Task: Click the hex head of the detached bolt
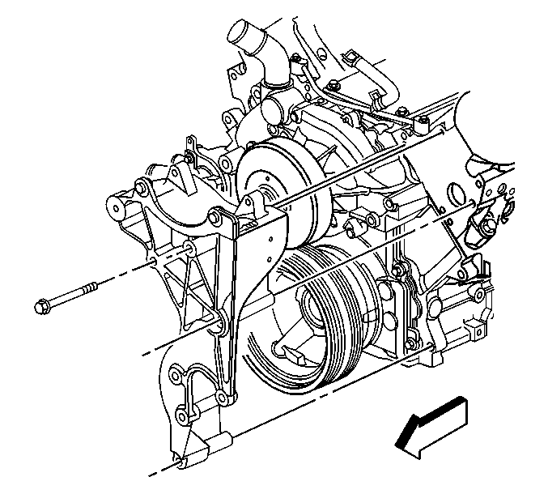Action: tap(43, 307)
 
